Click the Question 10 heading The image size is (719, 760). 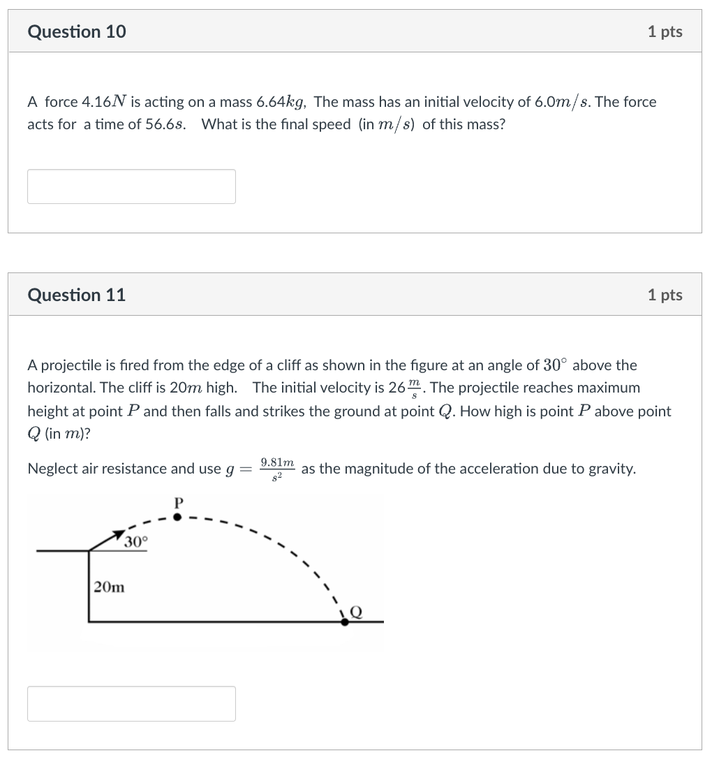pos(77,31)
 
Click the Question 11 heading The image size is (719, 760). pos(77,295)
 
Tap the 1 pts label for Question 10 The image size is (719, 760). pos(665,31)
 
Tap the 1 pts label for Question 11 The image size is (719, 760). pos(665,295)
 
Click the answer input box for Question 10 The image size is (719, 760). pos(131,187)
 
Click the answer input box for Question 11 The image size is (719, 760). pos(131,703)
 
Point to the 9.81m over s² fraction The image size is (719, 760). pos(277,469)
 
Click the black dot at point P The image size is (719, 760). pos(177,517)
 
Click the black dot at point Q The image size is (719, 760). pos(345,620)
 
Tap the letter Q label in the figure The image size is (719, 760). pos(356,612)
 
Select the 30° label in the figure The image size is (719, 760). pos(136,542)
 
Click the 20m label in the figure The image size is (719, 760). pos(110,587)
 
